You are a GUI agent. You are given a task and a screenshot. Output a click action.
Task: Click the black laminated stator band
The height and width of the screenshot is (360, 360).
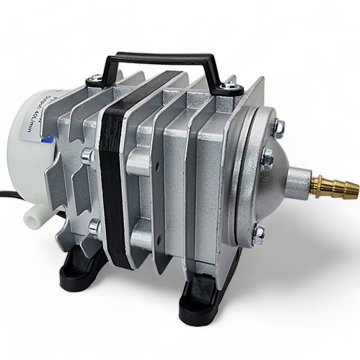(112, 176)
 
